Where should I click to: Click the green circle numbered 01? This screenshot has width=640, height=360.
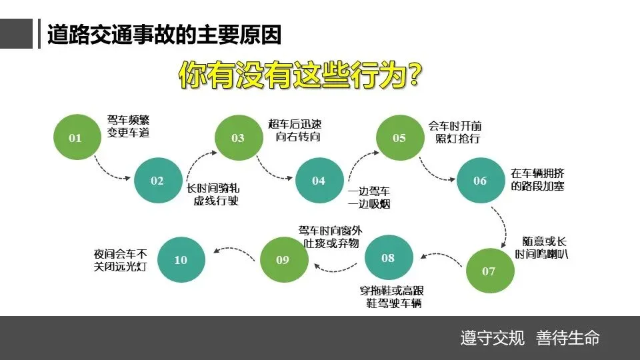(75, 138)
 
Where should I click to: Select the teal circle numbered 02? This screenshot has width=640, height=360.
(157, 181)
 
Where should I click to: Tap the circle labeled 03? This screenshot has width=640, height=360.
(238, 138)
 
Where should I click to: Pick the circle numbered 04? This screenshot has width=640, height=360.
(319, 181)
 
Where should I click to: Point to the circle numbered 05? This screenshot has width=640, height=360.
(399, 138)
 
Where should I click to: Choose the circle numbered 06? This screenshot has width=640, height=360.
(480, 181)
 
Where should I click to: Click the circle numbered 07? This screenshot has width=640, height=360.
(489, 271)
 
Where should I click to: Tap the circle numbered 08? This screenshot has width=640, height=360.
(388, 258)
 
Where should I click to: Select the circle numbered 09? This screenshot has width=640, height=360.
(283, 259)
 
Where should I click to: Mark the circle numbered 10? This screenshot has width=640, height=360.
(181, 259)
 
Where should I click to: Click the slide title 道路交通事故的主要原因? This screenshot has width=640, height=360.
(164, 35)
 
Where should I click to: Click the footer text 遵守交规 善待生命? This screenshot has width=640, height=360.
(529, 337)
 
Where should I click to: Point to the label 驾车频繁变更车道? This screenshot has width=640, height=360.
(129, 127)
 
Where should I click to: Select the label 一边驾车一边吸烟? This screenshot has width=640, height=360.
(369, 197)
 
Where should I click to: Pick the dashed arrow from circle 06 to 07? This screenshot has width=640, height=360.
(499, 225)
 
